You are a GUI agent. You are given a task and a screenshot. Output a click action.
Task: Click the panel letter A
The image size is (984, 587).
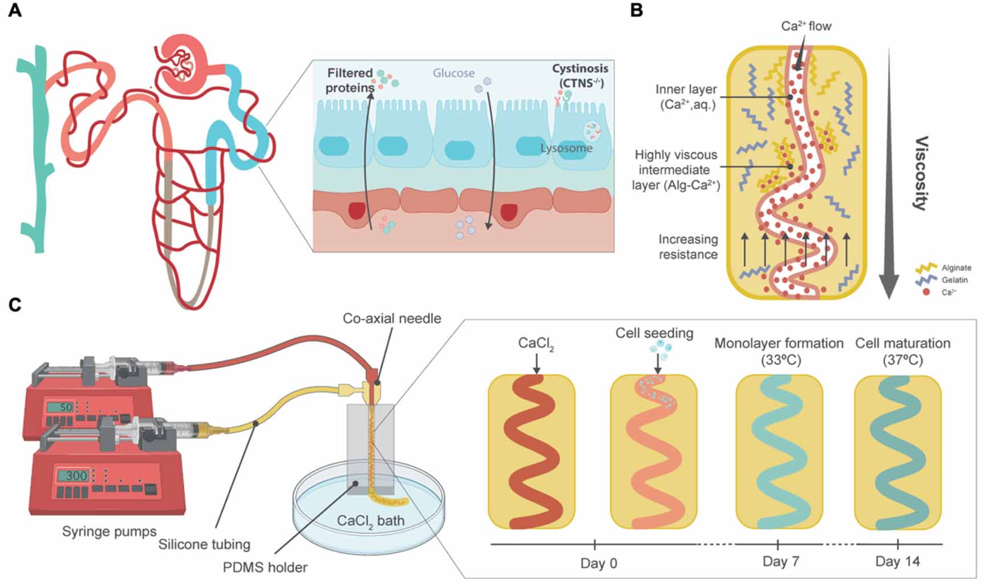pos(15,10)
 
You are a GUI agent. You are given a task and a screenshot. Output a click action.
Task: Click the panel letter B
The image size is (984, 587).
pos(637,10)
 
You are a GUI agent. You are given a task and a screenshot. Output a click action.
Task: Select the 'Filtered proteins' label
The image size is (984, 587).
pos(350,80)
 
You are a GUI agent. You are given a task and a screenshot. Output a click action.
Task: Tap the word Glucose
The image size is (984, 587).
pos(453,73)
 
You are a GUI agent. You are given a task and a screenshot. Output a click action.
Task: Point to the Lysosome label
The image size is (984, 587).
pos(566,148)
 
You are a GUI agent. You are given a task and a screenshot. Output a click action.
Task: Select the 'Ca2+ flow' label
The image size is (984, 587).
pos(806,26)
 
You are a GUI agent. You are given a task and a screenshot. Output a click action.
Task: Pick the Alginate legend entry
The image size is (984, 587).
pos(956,268)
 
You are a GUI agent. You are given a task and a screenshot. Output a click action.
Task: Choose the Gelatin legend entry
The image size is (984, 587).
pos(954,280)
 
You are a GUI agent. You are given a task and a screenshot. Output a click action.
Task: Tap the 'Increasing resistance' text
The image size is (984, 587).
pos(688,247)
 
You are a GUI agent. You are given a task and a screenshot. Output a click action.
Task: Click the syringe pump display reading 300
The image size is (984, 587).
pos(75,476)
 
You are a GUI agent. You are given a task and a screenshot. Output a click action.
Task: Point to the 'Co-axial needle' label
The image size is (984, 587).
pos(391,318)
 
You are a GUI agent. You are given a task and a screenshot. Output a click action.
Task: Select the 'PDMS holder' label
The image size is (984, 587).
pos(265,568)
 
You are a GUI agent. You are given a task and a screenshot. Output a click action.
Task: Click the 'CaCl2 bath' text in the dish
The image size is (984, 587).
pos(370,521)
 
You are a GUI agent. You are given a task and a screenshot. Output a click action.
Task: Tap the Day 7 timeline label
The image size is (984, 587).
pos(780,561)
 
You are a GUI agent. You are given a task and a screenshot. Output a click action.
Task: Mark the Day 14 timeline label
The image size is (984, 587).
pos(897,561)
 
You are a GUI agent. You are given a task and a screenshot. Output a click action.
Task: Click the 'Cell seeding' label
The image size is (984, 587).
pos(654,333)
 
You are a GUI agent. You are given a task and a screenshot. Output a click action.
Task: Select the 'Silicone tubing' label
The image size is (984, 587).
pos(204,544)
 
